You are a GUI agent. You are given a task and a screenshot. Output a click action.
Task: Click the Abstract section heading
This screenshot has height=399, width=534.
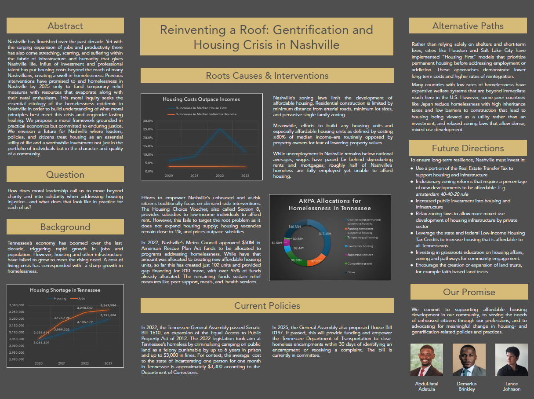click(65, 26)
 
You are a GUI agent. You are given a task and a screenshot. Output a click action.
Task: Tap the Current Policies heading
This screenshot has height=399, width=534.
click(267, 305)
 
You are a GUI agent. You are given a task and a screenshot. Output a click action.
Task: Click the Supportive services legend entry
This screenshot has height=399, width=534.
click(360, 255)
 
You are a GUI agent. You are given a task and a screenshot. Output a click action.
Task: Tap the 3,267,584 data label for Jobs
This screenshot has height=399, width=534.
click(108, 305)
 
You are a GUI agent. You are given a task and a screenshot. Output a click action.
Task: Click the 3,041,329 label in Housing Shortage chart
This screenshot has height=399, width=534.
click(41, 342)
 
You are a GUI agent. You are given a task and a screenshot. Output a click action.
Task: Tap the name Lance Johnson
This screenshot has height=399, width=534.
click(512, 386)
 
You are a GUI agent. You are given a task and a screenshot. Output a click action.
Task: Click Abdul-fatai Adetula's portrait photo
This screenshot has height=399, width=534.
click(426, 360)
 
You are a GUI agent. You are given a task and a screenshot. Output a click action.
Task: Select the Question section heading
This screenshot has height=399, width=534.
click(65, 175)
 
